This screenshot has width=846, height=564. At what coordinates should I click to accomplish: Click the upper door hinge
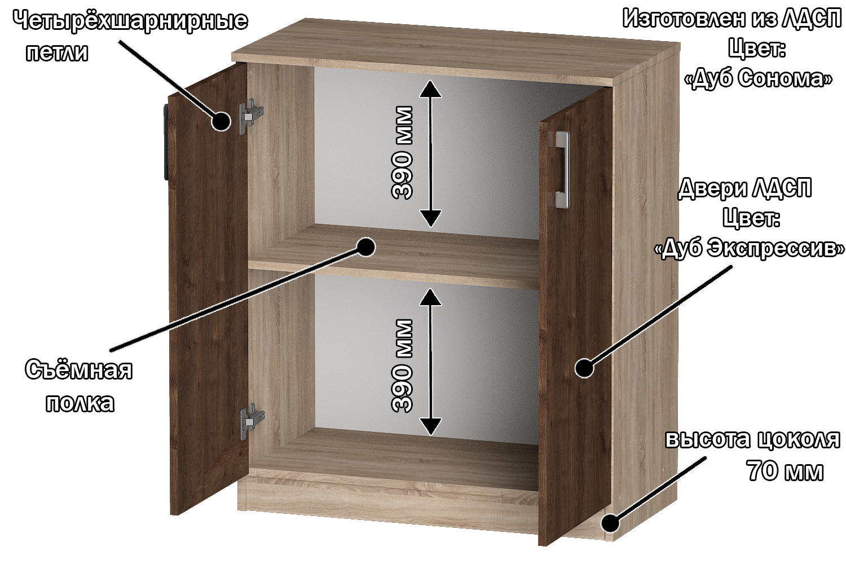point(251,116)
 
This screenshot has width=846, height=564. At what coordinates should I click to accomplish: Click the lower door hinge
point(252,421)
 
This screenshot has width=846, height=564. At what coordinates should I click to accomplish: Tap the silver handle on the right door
point(562,169)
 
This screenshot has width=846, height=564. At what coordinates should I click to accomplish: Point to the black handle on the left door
point(166,143)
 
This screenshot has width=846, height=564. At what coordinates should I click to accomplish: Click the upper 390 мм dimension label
point(402,152)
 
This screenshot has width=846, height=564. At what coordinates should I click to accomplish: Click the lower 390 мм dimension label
point(402,365)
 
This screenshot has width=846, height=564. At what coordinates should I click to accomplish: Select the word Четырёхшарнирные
point(131,21)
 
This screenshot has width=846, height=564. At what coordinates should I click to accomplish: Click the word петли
point(57,52)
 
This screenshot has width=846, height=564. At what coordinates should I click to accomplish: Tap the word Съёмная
point(78,369)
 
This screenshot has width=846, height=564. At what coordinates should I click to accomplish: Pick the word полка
point(80,403)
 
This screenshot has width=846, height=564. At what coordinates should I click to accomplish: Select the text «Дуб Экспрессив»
point(750,248)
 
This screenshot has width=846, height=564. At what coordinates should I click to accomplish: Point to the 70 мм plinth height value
point(785,471)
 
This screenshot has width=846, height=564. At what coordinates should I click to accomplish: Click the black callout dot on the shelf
point(365,247)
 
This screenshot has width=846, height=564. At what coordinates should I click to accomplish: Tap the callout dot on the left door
point(221,121)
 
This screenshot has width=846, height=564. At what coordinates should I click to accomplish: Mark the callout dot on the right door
point(585,368)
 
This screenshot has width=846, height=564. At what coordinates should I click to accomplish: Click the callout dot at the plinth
point(610,523)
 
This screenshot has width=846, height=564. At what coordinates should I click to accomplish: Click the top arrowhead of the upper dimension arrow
point(430,89)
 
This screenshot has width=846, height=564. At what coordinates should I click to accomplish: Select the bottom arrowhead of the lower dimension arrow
point(430,426)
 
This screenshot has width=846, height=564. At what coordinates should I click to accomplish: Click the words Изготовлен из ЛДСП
point(732,19)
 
